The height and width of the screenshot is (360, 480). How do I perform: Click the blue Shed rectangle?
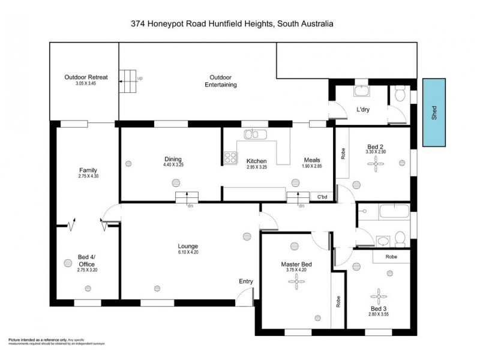click(x=434, y=112)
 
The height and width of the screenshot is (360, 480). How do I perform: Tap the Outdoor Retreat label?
click(x=86, y=77)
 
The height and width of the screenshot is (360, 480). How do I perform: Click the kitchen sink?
click(x=255, y=134)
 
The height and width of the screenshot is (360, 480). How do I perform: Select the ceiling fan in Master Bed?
click(x=294, y=286)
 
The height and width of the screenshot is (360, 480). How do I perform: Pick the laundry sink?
click(x=362, y=92)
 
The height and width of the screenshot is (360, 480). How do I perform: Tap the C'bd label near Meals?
click(x=322, y=197)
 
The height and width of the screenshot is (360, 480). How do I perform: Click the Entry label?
click(x=246, y=281)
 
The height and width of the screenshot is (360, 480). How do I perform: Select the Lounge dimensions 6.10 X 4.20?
click(x=188, y=253)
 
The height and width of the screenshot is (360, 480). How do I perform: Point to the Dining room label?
click(x=173, y=159)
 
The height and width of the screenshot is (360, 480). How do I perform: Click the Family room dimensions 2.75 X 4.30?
click(x=88, y=176)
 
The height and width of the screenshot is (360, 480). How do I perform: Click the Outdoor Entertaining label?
click(x=217, y=81)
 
